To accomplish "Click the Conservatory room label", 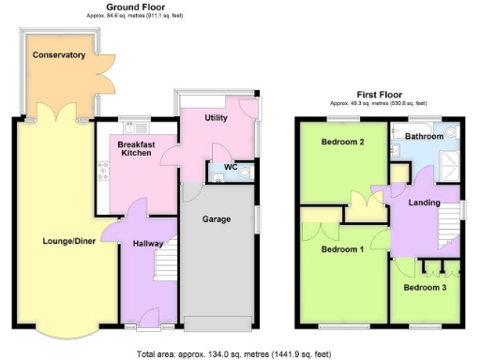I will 58,55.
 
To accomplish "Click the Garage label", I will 218,220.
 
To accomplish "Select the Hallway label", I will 149,242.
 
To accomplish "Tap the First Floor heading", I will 379,94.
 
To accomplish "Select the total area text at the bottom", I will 240,353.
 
